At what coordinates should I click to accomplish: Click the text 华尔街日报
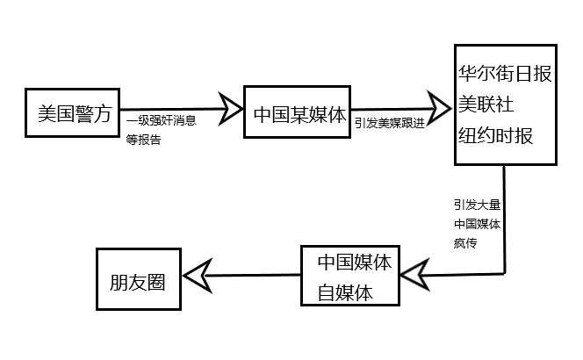click(505, 75)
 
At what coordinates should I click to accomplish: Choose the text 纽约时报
click(494, 137)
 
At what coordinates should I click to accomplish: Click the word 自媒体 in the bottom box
click(345, 292)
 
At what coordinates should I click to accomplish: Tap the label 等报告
click(144, 139)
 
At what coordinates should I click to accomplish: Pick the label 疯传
click(465, 243)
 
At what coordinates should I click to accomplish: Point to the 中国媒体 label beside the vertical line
click(478, 225)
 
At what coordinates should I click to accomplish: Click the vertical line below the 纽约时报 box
click(507, 220)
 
